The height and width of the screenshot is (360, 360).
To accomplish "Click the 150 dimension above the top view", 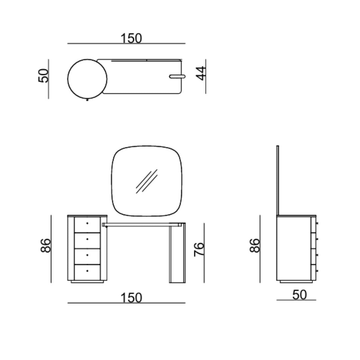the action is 131,38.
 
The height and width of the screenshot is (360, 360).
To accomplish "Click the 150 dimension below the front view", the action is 131,298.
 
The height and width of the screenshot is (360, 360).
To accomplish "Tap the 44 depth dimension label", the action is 201,73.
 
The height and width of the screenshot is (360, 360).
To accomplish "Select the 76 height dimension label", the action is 199,249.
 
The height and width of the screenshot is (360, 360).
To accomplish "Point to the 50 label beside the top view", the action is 43,76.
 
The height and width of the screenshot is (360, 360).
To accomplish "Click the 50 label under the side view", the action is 299,295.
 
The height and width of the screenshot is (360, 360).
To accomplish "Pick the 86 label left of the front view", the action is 45,245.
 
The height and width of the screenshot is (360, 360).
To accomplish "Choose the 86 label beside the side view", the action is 255,245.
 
